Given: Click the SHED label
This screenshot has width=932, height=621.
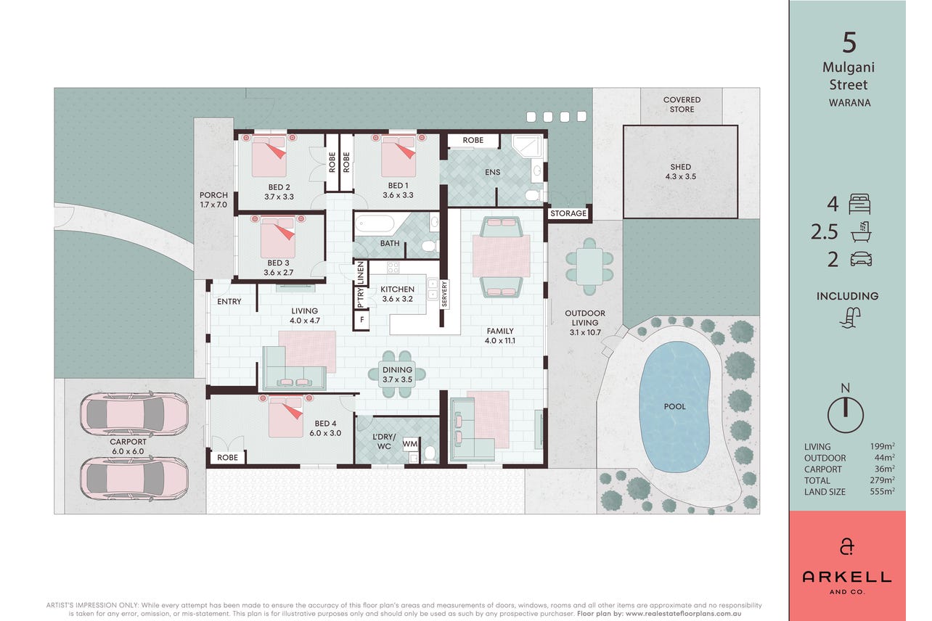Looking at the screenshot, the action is (x=680, y=167).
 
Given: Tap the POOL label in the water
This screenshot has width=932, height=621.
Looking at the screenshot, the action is (x=674, y=406).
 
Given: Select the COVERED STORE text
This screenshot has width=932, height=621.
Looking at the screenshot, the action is (x=682, y=104).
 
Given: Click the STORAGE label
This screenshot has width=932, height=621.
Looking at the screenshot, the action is (x=568, y=213).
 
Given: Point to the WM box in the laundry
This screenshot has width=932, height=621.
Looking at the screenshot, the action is (x=410, y=444).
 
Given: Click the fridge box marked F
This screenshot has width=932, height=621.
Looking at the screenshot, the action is (x=362, y=320).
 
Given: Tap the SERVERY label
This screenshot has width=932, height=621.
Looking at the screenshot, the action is (x=444, y=294).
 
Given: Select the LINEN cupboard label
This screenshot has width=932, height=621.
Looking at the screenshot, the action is (x=360, y=273).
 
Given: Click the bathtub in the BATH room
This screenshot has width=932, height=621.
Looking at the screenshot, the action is (x=375, y=223).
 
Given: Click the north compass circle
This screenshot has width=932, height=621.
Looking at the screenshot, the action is (x=845, y=415).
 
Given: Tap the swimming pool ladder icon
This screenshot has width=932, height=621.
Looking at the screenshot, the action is (x=849, y=318).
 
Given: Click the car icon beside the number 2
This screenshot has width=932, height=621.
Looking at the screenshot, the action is (x=861, y=259).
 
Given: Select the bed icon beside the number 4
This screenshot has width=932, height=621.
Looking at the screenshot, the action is (x=859, y=204).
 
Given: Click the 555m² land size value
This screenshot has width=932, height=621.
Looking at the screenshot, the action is (x=882, y=491).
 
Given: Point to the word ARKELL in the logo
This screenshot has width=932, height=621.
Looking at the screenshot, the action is (x=846, y=577).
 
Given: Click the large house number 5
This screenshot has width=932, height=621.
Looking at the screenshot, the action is (x=849, y=42).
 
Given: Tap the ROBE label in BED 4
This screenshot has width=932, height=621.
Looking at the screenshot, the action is (x=228, y=458).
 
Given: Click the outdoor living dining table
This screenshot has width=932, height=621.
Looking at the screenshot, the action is (x=589, y=267).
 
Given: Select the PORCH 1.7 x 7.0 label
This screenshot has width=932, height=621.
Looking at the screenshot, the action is (x=213, y=200).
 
